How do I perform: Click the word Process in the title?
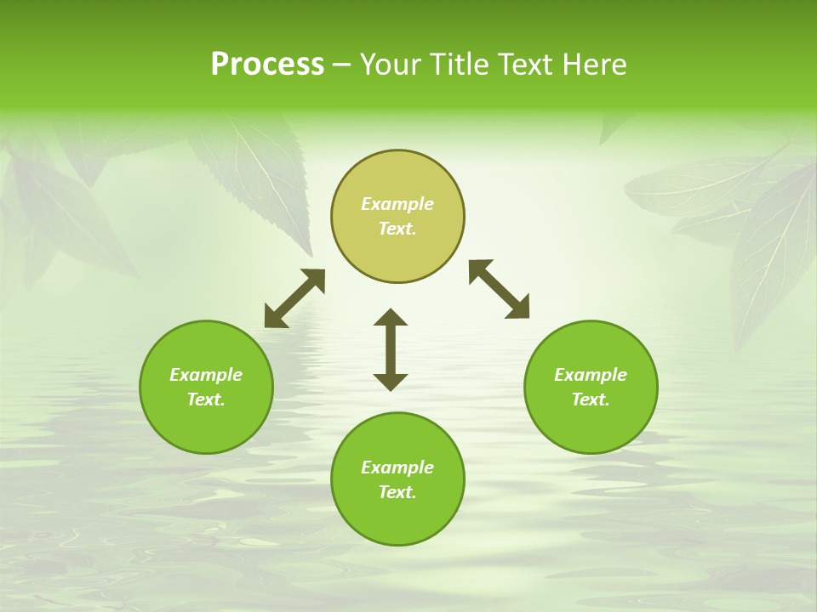pyautogui.click(x=267, y=65)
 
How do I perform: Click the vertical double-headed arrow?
pyautogui.click(x=391, y=349)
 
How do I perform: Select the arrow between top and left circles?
pyautogui.click(x=294, y=298)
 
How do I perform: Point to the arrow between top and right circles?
pyautogui.click(x=499, y=289)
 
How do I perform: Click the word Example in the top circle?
pyautogui.click(x=397, y=204)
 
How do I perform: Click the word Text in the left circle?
pyautogui.click(x=206, y=399)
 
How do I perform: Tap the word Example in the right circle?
pyautogui.click(x=591, y=375)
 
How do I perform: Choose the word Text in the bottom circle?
pyautogui.click(x=397, y=492)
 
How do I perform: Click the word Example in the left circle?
pyautogui.click(x=206, y=375)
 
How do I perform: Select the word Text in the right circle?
pyautogui.click(x=591, y=399)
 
